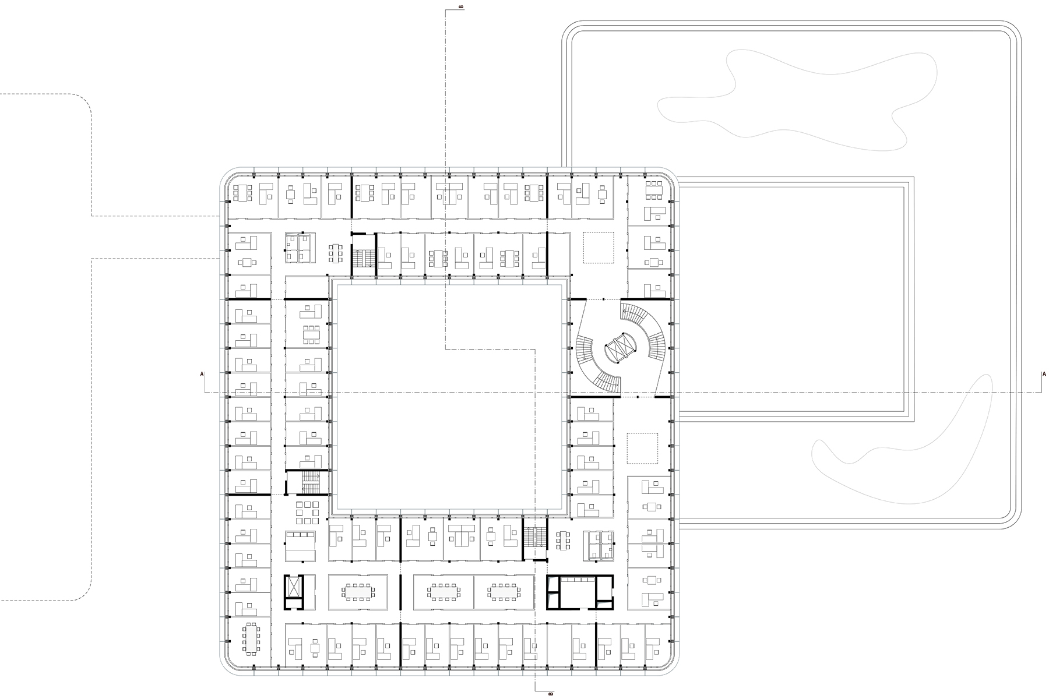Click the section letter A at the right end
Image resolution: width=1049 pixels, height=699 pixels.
click(x=1044, y=373)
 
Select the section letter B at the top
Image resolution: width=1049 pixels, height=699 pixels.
click(x=462, y=7)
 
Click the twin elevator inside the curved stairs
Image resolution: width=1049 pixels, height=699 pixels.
click(x=620, y=348)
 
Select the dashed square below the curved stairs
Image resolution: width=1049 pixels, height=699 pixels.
click(x=642, y=448)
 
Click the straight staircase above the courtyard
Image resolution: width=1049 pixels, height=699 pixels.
click(x=363, y=256)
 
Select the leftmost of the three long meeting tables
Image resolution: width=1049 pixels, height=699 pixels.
click(x=358, y=592)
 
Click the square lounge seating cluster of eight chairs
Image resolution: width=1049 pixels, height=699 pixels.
click(x=307, y=512)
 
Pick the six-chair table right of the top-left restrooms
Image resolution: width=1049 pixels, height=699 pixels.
click(x=336, y=253)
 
